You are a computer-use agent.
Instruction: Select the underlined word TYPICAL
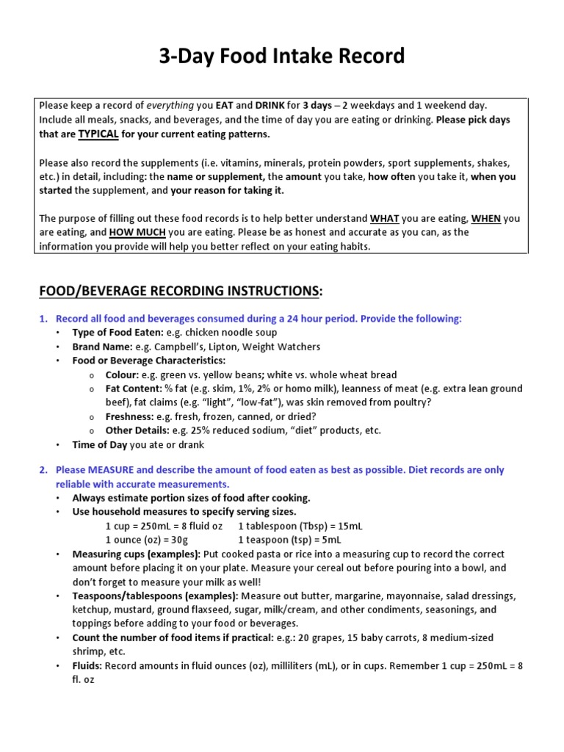tap(98, 134)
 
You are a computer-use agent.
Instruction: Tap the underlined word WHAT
tap(385, 218)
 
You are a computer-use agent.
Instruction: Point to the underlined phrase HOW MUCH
tap(137, 232)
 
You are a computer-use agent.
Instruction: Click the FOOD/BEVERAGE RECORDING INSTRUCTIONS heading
tap(181, 292)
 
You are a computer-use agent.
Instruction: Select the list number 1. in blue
tap(43, 319)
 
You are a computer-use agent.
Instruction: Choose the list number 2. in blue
tap(43, 469)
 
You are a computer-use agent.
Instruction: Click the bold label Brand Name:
tap(102, 347)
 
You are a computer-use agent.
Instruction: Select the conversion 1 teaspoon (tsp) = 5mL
tap(290, 540)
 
